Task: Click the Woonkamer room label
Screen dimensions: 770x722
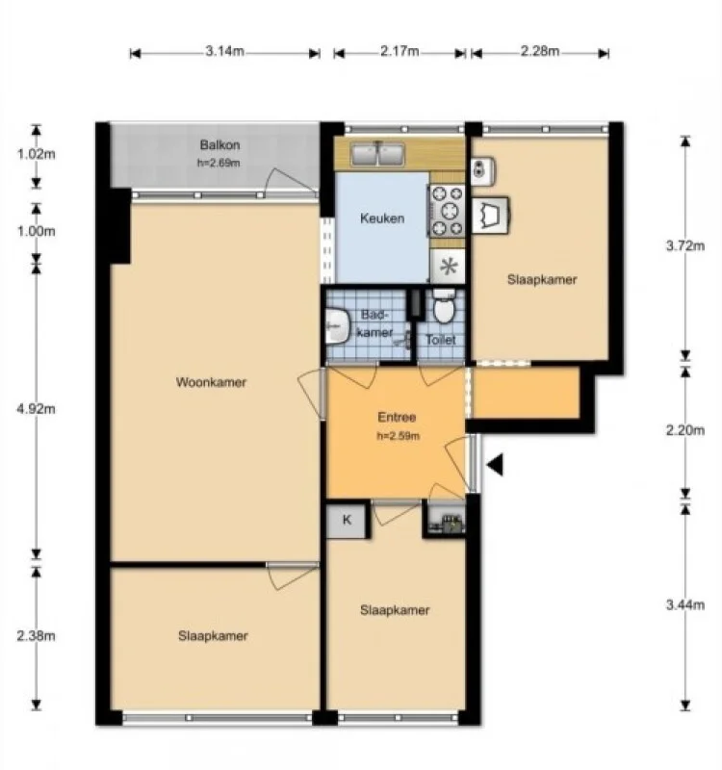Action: click(211, 382)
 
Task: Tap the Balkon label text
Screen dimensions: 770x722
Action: click(219, 145)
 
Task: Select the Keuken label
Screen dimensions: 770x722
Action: click(381, 218)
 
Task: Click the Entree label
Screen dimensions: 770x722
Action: click(396, 418)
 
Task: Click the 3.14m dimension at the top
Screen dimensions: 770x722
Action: click(224, 52)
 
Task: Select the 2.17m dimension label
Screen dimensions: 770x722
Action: click(400, 52)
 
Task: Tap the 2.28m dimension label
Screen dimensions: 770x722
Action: click(539, 52)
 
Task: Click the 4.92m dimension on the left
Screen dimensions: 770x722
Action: click(37, 408)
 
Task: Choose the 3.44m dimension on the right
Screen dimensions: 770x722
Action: click(684, 604)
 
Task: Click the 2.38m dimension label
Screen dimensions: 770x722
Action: click(37, 635)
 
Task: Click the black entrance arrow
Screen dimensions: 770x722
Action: click(495, 466)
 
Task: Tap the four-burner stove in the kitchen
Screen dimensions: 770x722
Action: click(447, 210)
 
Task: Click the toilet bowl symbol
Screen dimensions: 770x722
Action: click(443, 309)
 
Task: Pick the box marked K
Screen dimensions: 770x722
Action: click(347, 521)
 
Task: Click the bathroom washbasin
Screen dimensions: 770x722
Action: click(336, 325)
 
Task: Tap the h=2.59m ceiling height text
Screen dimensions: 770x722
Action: click(396, 436)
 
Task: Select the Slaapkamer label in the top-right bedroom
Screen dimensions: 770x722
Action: click(542, 280)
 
